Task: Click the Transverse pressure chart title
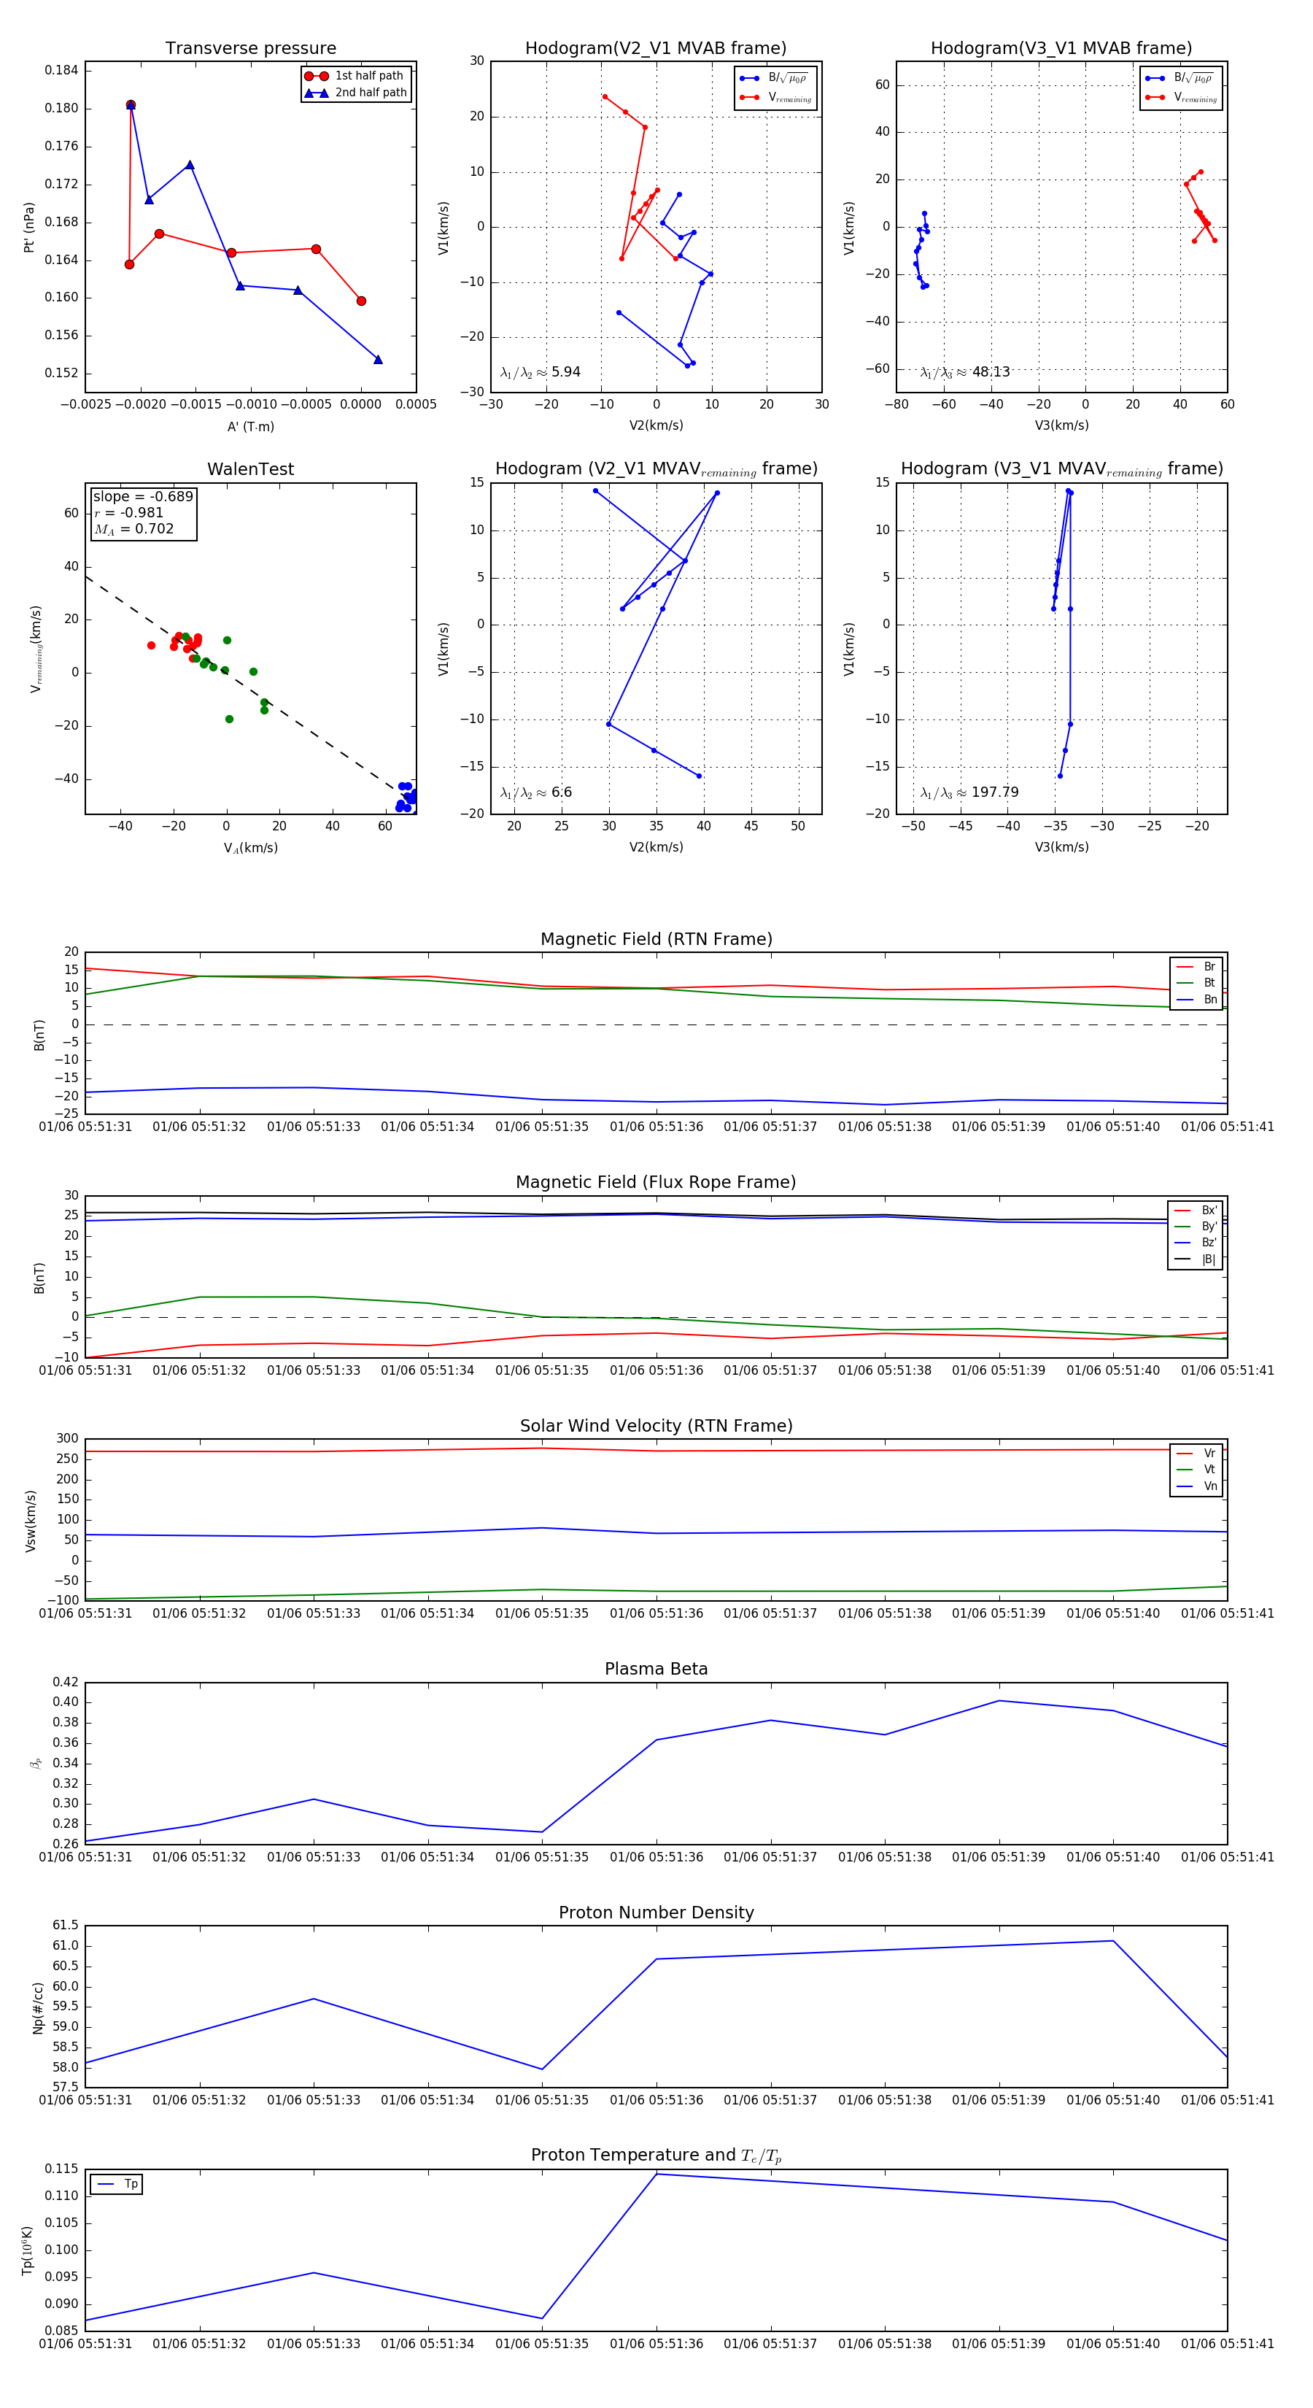tap(250, 49)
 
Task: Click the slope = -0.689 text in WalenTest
tap(143, 496)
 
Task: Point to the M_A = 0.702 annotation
tap(133, 529)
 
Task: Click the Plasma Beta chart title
tap(656, 1669)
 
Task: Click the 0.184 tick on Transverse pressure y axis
tap(62, 70)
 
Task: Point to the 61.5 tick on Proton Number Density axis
tap(66, 1926)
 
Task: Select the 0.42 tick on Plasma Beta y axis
tap(66, 1682)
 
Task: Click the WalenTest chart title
tap(250, 469)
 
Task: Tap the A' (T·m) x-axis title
tap(250, 426)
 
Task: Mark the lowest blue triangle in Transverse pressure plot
tap(379, 359)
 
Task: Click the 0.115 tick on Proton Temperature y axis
tap(62, 2169)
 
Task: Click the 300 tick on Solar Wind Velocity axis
tap(67, 1439)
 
